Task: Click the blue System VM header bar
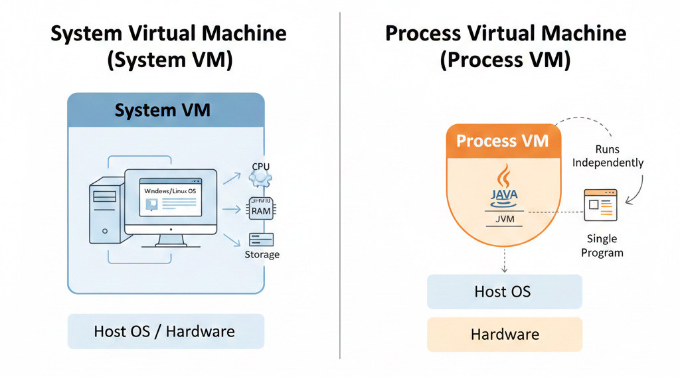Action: pos(165,110)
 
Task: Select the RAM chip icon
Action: pos(260,210)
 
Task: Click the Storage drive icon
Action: pos(261,240)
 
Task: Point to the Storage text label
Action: pos(262,255)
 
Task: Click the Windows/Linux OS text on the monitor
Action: pos(171,190)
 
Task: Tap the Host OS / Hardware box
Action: pos(165,331)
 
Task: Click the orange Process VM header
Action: pos(503,141)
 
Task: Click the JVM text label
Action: pos(503,218)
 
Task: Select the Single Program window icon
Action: pos(600,205)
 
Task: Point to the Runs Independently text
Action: pos(608,157)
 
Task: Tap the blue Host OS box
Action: pos(503,291)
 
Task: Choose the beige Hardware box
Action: pos(504,334)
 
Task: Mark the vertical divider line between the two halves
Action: pos(340,186)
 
